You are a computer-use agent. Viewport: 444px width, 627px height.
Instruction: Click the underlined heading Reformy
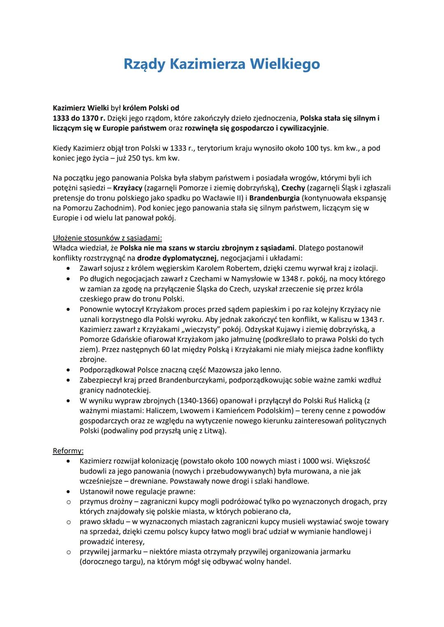(x=68, y=451)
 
